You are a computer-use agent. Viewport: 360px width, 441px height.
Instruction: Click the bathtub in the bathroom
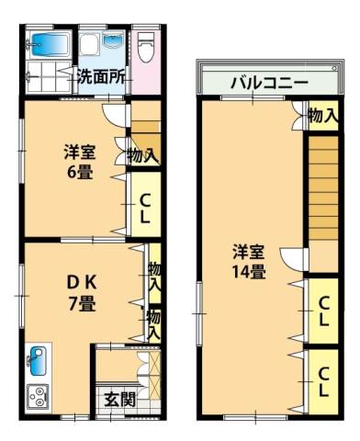pos(49,45)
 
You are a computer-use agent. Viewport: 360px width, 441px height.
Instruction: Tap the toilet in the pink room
pos(145,47)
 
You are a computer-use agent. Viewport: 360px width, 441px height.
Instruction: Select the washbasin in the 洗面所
pos(113,40)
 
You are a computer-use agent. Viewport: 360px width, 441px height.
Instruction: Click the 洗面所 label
pos(101,77)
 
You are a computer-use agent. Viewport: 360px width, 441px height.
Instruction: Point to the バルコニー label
pos(269,83)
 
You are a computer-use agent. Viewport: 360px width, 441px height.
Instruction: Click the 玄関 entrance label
pos(119,400)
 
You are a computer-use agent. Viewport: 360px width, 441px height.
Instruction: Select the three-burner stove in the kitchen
pos(38,397)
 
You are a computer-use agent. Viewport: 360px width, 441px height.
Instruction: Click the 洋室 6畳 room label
pos(80,162)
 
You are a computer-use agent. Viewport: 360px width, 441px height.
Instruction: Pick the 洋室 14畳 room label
pos(249,261)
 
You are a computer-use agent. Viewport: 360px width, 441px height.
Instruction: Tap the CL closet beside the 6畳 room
pos(146,204)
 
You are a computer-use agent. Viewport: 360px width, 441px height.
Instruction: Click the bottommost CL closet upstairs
pos(323,381)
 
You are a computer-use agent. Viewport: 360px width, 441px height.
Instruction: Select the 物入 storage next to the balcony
pos(323,116)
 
